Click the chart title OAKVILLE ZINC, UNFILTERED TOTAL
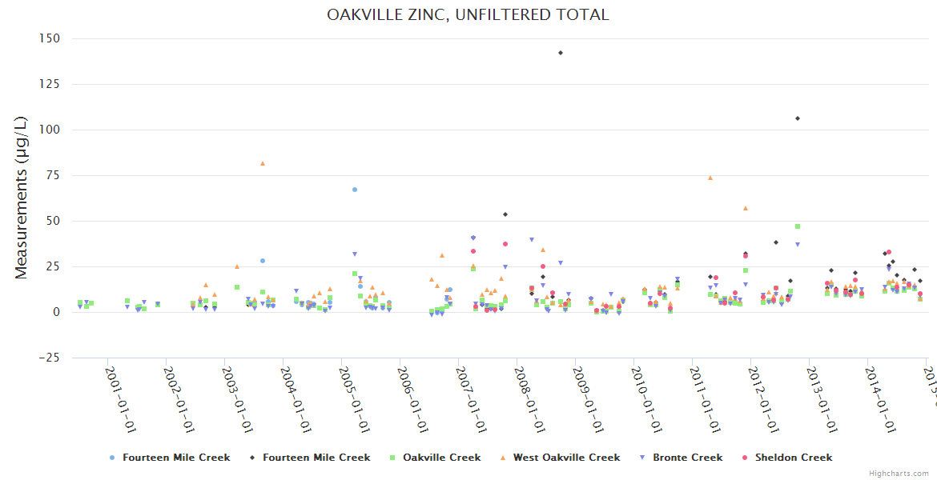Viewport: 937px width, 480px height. click(468, 14)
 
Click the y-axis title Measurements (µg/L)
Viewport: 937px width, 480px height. click(22, 198)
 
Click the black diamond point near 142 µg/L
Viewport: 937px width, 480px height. click(561, 53)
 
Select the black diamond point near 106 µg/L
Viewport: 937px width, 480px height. click(798, 118)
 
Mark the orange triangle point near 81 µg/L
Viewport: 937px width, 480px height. click(263, 163)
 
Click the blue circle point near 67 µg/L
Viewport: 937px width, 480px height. click(355, 190)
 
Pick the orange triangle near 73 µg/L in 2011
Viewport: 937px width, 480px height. click(710, 178)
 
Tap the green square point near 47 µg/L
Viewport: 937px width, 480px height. click(798, 226)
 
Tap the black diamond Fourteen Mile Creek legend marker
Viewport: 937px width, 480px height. click(252, 458)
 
